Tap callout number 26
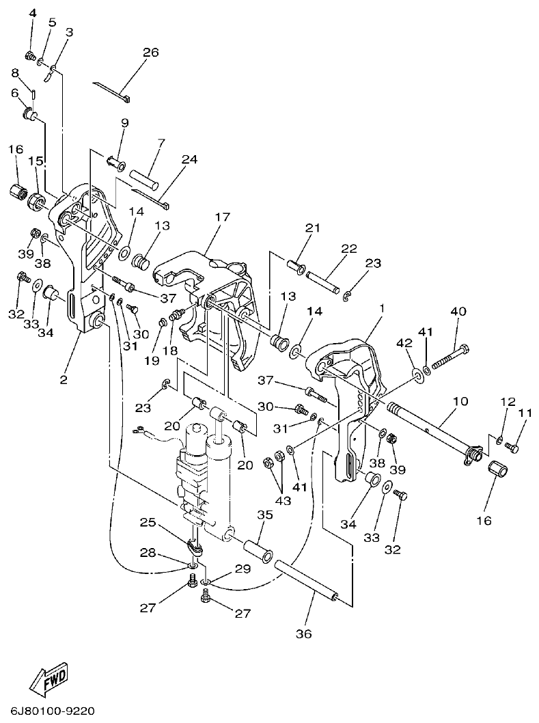150,52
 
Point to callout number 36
303,634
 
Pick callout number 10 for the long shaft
460,400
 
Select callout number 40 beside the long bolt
458,312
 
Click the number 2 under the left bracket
64,379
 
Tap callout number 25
148,522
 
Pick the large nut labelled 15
36,202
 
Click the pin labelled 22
322,281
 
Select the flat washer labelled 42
416,375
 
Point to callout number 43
283,500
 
